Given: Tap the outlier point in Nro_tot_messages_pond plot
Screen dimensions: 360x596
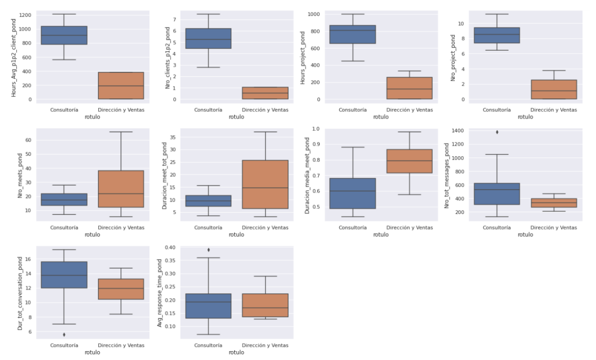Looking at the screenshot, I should tap(497, 132).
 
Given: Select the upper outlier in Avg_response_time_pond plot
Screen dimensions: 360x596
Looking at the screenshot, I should tap(208, 250).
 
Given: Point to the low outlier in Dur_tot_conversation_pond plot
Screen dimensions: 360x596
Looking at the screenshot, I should tap(64, 334).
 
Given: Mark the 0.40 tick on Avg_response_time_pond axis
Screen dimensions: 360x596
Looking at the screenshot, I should tap(169, 247).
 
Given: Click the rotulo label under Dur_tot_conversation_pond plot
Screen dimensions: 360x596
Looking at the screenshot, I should tap(93, 352).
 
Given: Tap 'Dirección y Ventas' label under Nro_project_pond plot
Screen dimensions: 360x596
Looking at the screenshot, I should tap(554, 110).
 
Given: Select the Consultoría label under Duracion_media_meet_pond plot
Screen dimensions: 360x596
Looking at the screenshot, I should tap(352, 228).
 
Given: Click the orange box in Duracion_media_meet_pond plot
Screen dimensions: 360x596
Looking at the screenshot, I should tap(410, 161).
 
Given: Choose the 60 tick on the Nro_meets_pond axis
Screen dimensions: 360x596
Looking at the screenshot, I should tap(29, 140).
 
